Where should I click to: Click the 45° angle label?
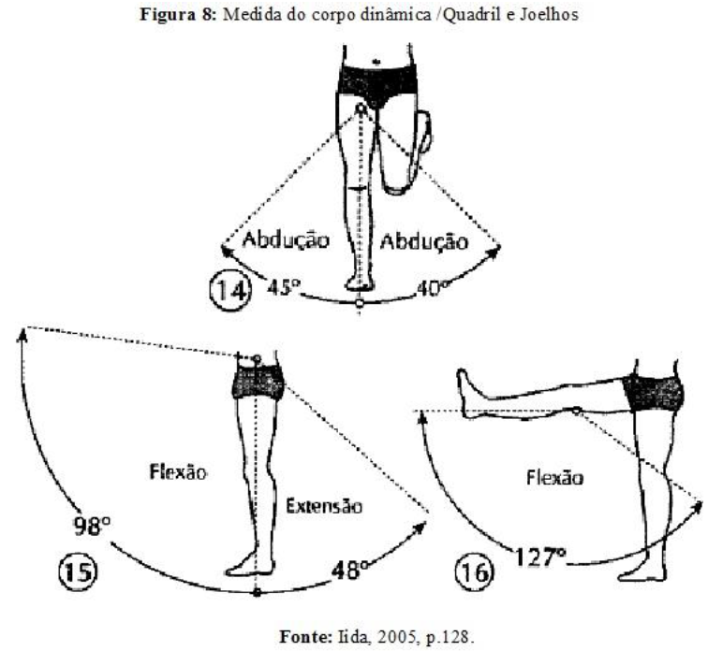pyautogui.click(x=277, y=289)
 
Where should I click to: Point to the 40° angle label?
pyautogui.click(x=433, y=289)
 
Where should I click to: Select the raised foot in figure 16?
pyautogui.click(x=466, y=384)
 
